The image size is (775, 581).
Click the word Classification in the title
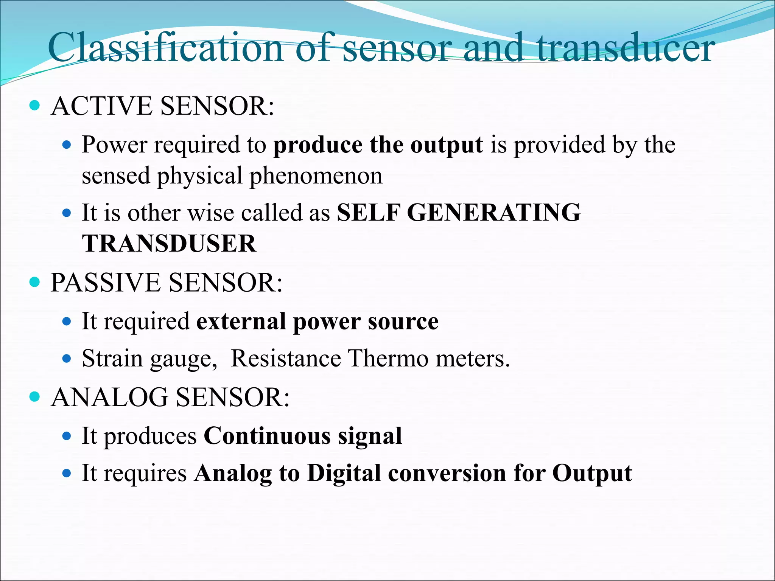[165, 48]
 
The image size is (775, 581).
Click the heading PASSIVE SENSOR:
[167, 283]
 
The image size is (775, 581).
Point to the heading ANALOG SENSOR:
[170, 398]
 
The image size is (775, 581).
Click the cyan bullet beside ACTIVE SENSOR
[34, 105]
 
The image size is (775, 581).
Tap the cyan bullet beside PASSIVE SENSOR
[34, 282]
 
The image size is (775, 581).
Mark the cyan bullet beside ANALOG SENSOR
[34, 397]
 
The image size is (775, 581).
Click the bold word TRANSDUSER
[169, 243]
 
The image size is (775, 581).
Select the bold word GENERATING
[493, 213]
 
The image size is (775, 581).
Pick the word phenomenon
[316, 176]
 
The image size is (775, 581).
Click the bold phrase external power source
[317, 322]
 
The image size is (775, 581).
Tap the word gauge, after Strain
[184, 359]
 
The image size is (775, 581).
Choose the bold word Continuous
[267, 436]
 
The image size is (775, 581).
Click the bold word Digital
[344, 473]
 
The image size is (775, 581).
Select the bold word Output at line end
[592, 473]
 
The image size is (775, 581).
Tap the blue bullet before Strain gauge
[67, 358]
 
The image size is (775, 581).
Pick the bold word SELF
[368, 213]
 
